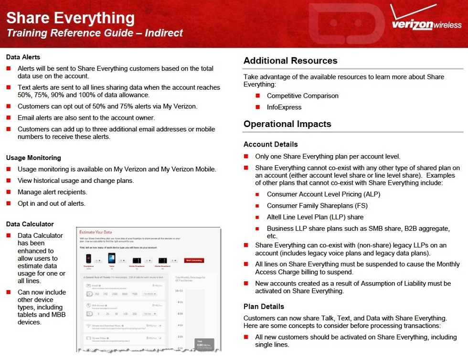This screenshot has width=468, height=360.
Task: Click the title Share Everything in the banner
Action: [x=70, y=18]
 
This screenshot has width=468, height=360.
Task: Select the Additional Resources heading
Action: [x=290, y=61]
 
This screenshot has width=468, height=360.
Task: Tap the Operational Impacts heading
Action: [x=287, y=124]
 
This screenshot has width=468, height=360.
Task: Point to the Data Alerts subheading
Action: [x=23, y=57]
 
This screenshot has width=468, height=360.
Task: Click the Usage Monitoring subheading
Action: [x=33, y=158]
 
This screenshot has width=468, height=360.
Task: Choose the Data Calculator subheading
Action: [x=30, y=224]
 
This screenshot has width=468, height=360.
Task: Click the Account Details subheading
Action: [x=270, y=144]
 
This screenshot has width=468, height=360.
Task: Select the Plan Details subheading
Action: [x=264, y=307]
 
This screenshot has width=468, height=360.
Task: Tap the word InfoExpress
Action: [x=284, y=107]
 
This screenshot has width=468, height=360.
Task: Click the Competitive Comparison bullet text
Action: [x=302, y=95]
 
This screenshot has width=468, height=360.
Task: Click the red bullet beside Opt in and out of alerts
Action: [x=8, y=203]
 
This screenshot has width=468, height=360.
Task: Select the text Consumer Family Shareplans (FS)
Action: [x=317, y=206]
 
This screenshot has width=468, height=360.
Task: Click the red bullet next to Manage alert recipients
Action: [x=8, y=192]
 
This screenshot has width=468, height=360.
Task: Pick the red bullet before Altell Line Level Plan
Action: [x=257, y=217]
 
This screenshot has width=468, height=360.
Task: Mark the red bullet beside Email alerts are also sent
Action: [x=8, y=118]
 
